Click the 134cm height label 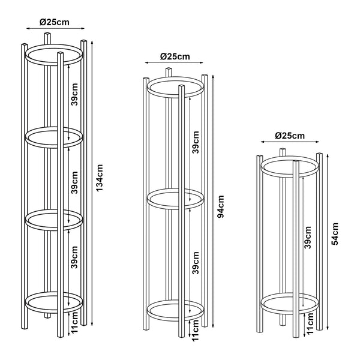(100, 178)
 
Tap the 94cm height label (220, 206)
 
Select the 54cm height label (335, 234)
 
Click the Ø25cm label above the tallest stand (55, 22)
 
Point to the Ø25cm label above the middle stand (175, 56)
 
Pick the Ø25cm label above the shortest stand (290, 136)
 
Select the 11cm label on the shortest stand (310, 323)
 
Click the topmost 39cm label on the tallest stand (74, 94)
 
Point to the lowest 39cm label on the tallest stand (74, 257)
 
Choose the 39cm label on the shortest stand (307, 237)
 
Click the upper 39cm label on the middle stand (196, 142)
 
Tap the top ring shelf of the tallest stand (54, 55)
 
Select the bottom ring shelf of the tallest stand (54, 302)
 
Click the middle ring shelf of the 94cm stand (175, 199)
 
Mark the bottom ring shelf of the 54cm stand (290, 304)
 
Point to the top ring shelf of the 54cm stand (290, 167)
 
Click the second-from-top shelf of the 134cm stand (54, 137)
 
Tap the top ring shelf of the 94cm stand (175, 87)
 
